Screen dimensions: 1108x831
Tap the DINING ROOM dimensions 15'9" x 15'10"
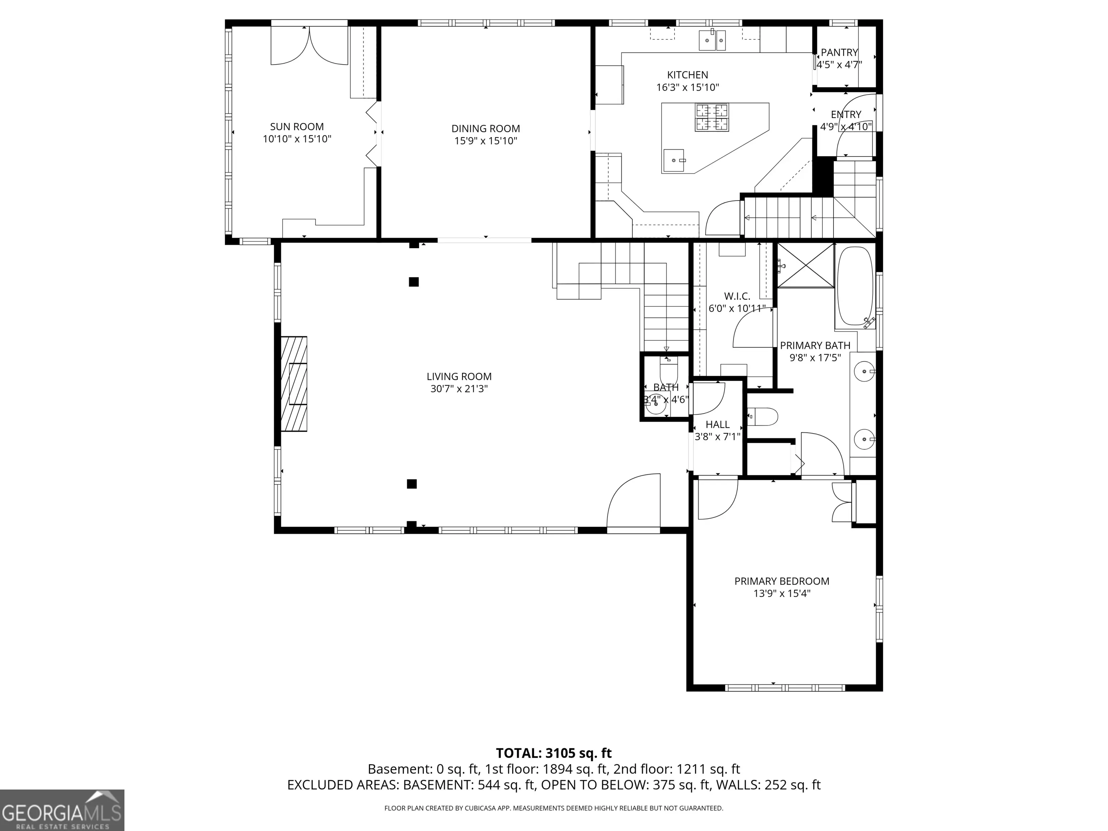coord(485,141)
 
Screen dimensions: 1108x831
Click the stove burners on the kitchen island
coord(711,117)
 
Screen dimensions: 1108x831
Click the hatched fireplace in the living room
coord(294,384)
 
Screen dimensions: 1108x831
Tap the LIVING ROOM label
coord(459,377)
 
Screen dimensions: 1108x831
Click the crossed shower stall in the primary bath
coord(805,265)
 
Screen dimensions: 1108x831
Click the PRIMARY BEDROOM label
coord(782,581)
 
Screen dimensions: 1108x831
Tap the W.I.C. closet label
coord(737,296)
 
